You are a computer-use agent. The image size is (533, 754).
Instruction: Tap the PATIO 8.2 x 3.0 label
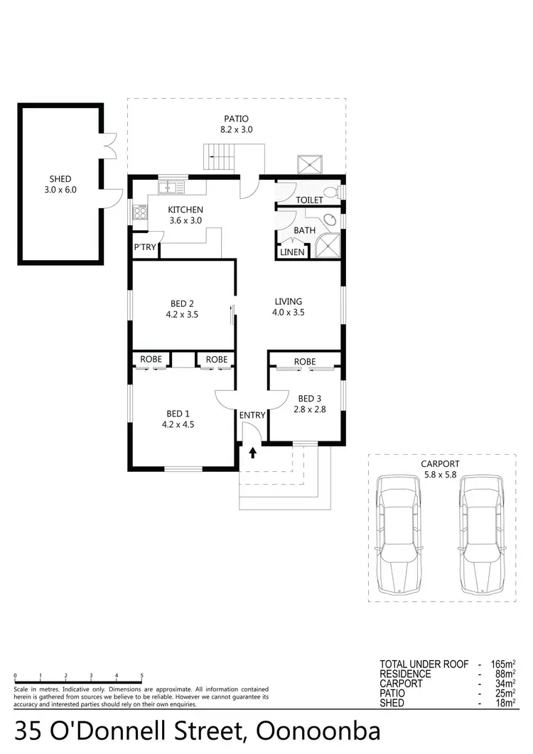point(237,124)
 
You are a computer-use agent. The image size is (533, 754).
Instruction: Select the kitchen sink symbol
point(171,187)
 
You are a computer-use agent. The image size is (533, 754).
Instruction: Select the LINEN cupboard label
point(292,252)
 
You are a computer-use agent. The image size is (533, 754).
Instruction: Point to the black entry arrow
point(252,451)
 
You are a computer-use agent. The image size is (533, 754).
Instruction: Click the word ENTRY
point(252,415)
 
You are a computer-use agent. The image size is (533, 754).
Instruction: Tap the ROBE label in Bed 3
point(305,362)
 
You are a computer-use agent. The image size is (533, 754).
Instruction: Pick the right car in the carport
point(481,534)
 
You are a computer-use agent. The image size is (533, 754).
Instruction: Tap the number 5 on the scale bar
point(142,676)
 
